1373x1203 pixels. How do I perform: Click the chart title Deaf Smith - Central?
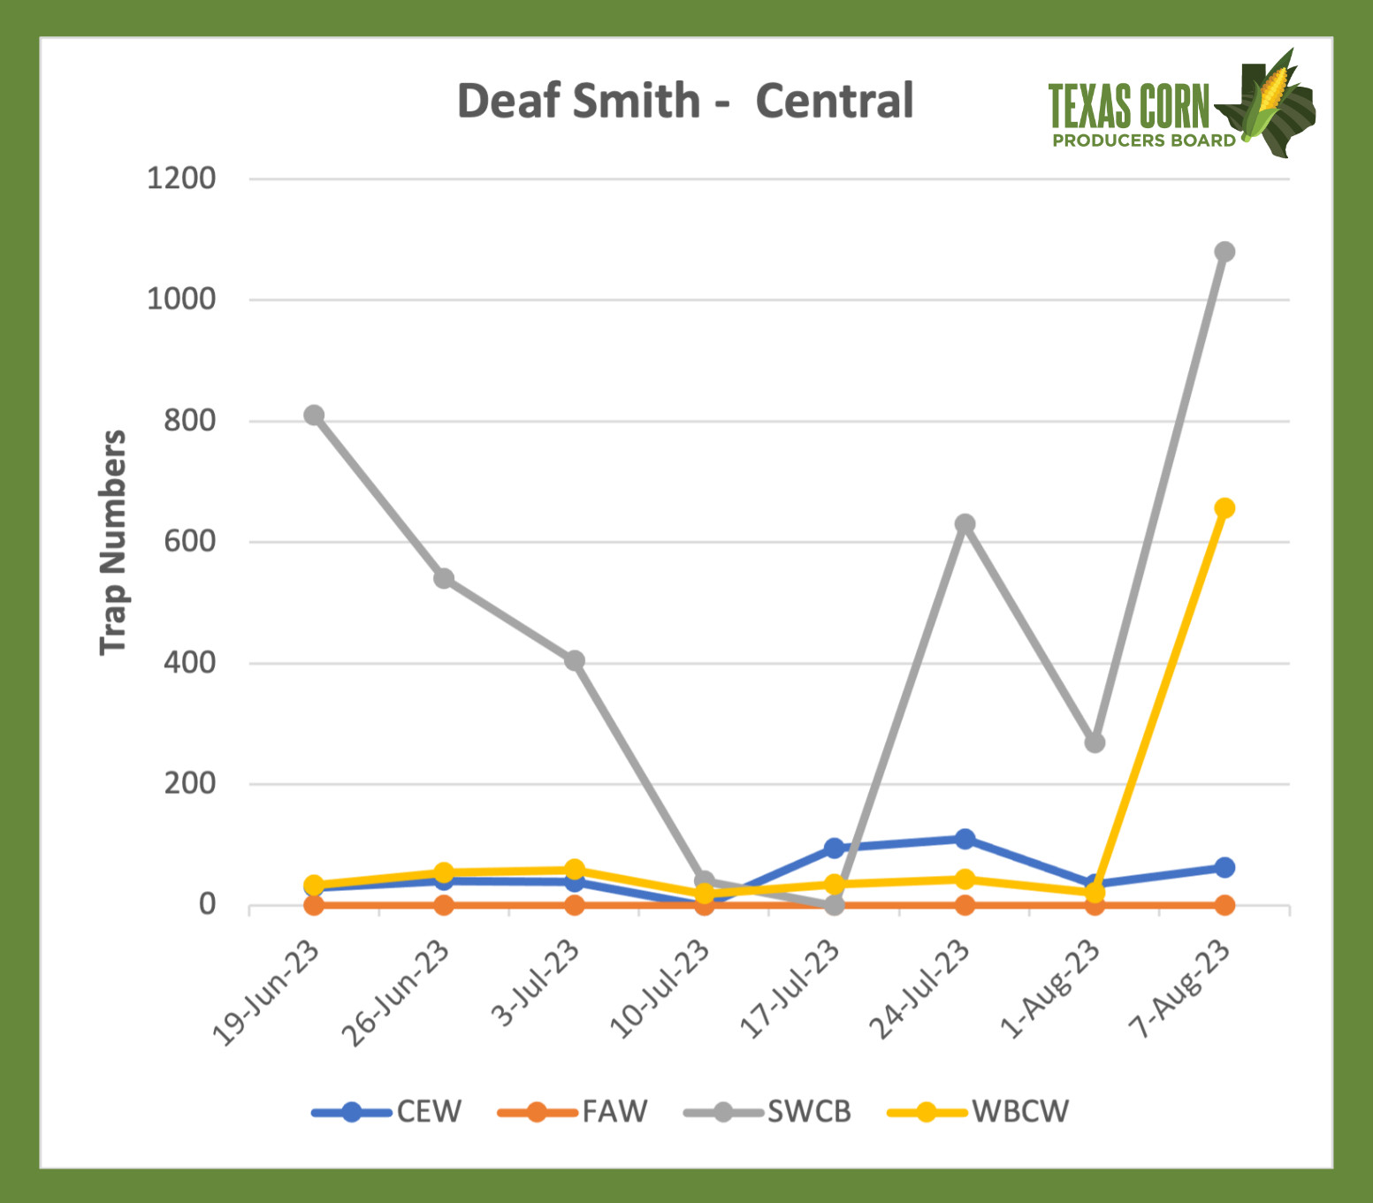[x=685, y=101]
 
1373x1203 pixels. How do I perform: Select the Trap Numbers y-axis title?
[x=113, y=542]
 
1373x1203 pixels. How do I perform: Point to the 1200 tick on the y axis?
[x=181, y=179]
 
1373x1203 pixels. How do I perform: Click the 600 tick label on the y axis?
[x=189, y=541]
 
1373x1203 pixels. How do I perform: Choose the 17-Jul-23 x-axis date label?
[x=789, y=989]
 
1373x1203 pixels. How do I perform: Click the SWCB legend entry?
[x=767, y=1111]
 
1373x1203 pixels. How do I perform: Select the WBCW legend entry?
[x=979, y=1111]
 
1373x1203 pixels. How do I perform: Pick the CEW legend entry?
[x=388, y=1111]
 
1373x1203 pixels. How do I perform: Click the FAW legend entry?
[x=574, y=1111]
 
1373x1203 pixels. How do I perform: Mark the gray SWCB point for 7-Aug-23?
[x=1224, y=252]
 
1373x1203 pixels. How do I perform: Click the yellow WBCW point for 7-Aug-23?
[x=1224, y=508]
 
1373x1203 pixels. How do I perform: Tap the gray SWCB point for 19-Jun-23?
[x=314, y=415]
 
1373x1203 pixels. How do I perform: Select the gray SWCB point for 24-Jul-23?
[x=965, y=524]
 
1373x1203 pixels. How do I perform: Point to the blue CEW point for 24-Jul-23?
[x=965, y=839]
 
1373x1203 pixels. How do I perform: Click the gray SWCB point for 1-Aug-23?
[x=1095, y=743]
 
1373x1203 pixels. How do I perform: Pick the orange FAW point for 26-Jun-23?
[x=444, y=905]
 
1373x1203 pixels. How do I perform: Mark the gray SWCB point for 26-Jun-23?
[x=444, y=579]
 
